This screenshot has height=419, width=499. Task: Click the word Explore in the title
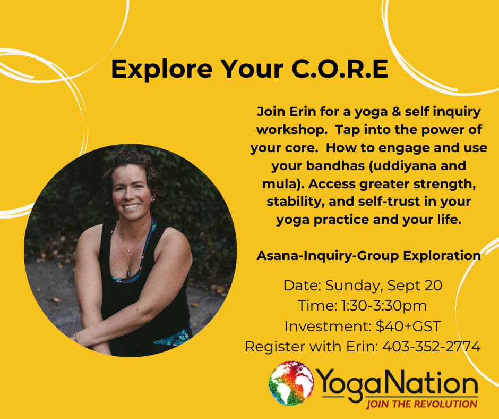pyautogui.click(x=162, y=70)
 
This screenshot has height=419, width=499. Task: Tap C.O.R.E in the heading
pyautogui.click(x=340, y=69)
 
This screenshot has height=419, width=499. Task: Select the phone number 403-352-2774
pyautogui.click(x=432, y=346)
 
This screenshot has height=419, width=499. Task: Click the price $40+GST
pyautogui.click(x=408, y=326)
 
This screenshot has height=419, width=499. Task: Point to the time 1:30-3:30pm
pyautogui.click(x=384, y=306)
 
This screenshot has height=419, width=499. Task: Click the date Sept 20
pyautogui.click(x=415, y=286)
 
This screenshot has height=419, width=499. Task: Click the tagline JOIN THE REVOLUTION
pyautogui.click(x=421, y=404)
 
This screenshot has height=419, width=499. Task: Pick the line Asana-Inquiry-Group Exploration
pyautogui.click(x=368, y=255)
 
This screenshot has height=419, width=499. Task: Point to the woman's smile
pyautogui.click(x=131, y=206)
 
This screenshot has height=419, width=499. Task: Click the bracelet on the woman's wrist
pyautogui.click(x=75, y=337)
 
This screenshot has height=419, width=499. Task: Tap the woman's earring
pyautogui.click(x=153, y=199)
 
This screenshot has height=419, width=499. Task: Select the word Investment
pyautogui.click(x=328, y=326)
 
